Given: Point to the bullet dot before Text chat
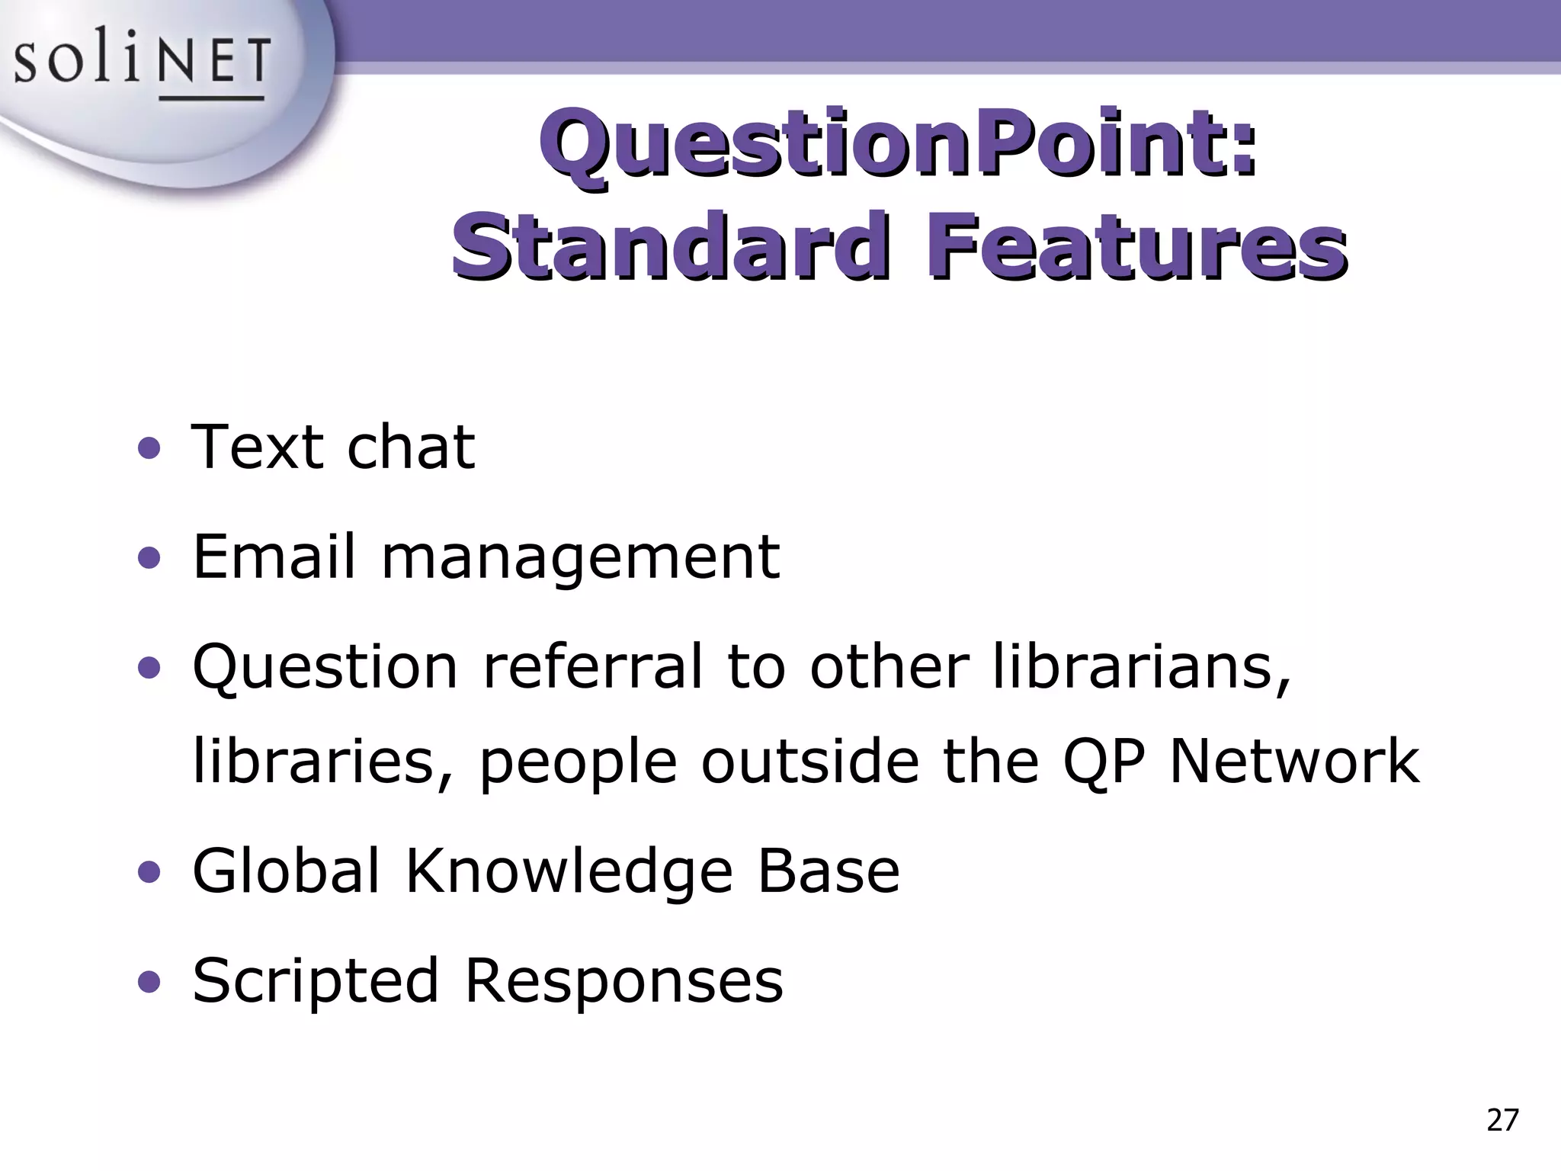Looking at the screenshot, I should [x=149, y=449].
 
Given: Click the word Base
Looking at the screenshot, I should [x=829, y=871].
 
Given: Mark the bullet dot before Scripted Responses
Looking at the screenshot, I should [x=149, y=982].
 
